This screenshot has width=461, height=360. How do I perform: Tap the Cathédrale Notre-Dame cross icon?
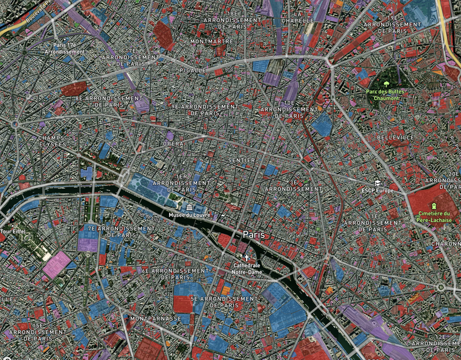247,259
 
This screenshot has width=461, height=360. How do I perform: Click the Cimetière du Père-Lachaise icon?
434,206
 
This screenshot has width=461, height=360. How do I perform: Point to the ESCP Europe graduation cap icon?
376,183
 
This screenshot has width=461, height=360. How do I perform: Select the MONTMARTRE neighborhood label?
212,41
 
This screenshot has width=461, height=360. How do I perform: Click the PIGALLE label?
192,70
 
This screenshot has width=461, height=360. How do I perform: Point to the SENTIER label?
241,160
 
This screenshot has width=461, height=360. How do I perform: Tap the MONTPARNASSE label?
156,318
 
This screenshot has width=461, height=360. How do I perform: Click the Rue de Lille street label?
149,218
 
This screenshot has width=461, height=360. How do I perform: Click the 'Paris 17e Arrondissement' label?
69,48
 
